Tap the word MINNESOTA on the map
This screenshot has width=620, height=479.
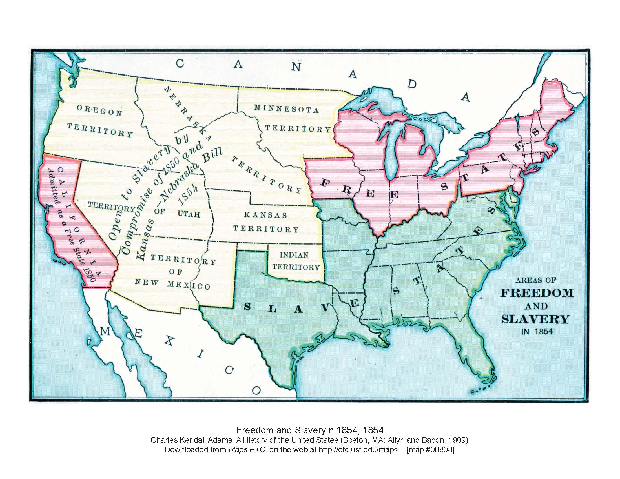tap(286, 109)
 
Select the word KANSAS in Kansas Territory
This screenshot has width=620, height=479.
tap(265, 215)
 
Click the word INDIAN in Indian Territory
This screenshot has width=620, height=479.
tap(294, 254)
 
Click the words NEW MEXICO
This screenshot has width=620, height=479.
tap(172, 284)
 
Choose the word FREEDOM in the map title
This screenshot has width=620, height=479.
tap(537, 292)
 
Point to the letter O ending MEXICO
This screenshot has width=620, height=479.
tap(256, 391)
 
